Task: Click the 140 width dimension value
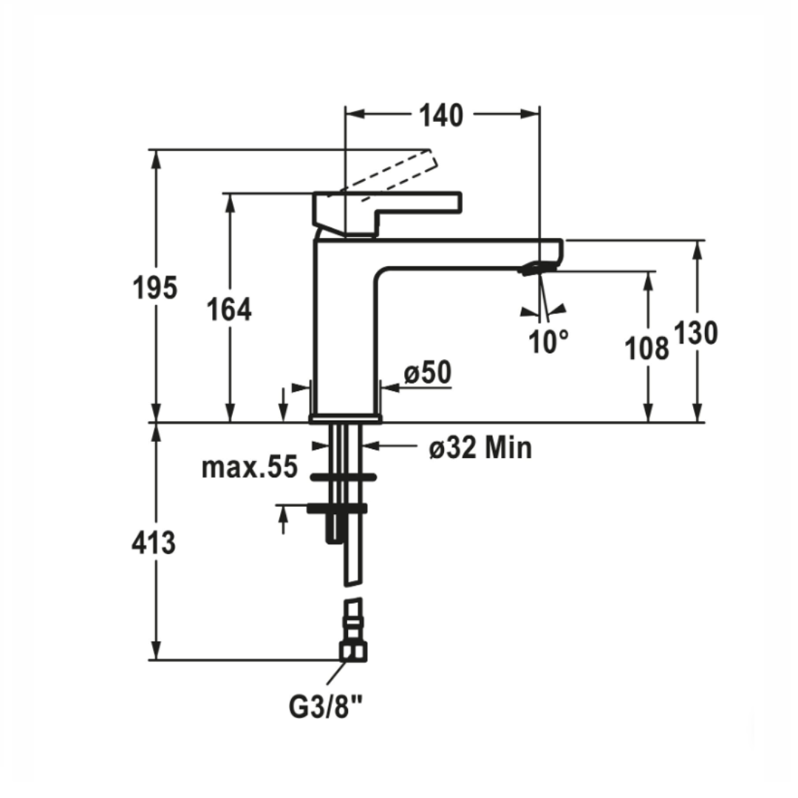coord(442,115)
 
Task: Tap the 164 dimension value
coord(230,310)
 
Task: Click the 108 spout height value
coord(647,347)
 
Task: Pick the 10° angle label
coord(549,341)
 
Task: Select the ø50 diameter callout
coord(427,374)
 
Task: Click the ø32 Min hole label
coord(480,447)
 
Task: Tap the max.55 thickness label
coord(250,467)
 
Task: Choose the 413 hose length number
coord(154,543)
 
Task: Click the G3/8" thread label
coord(326,707)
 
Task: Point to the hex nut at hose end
coord(354,651)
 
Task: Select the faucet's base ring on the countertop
coord(346,418)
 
